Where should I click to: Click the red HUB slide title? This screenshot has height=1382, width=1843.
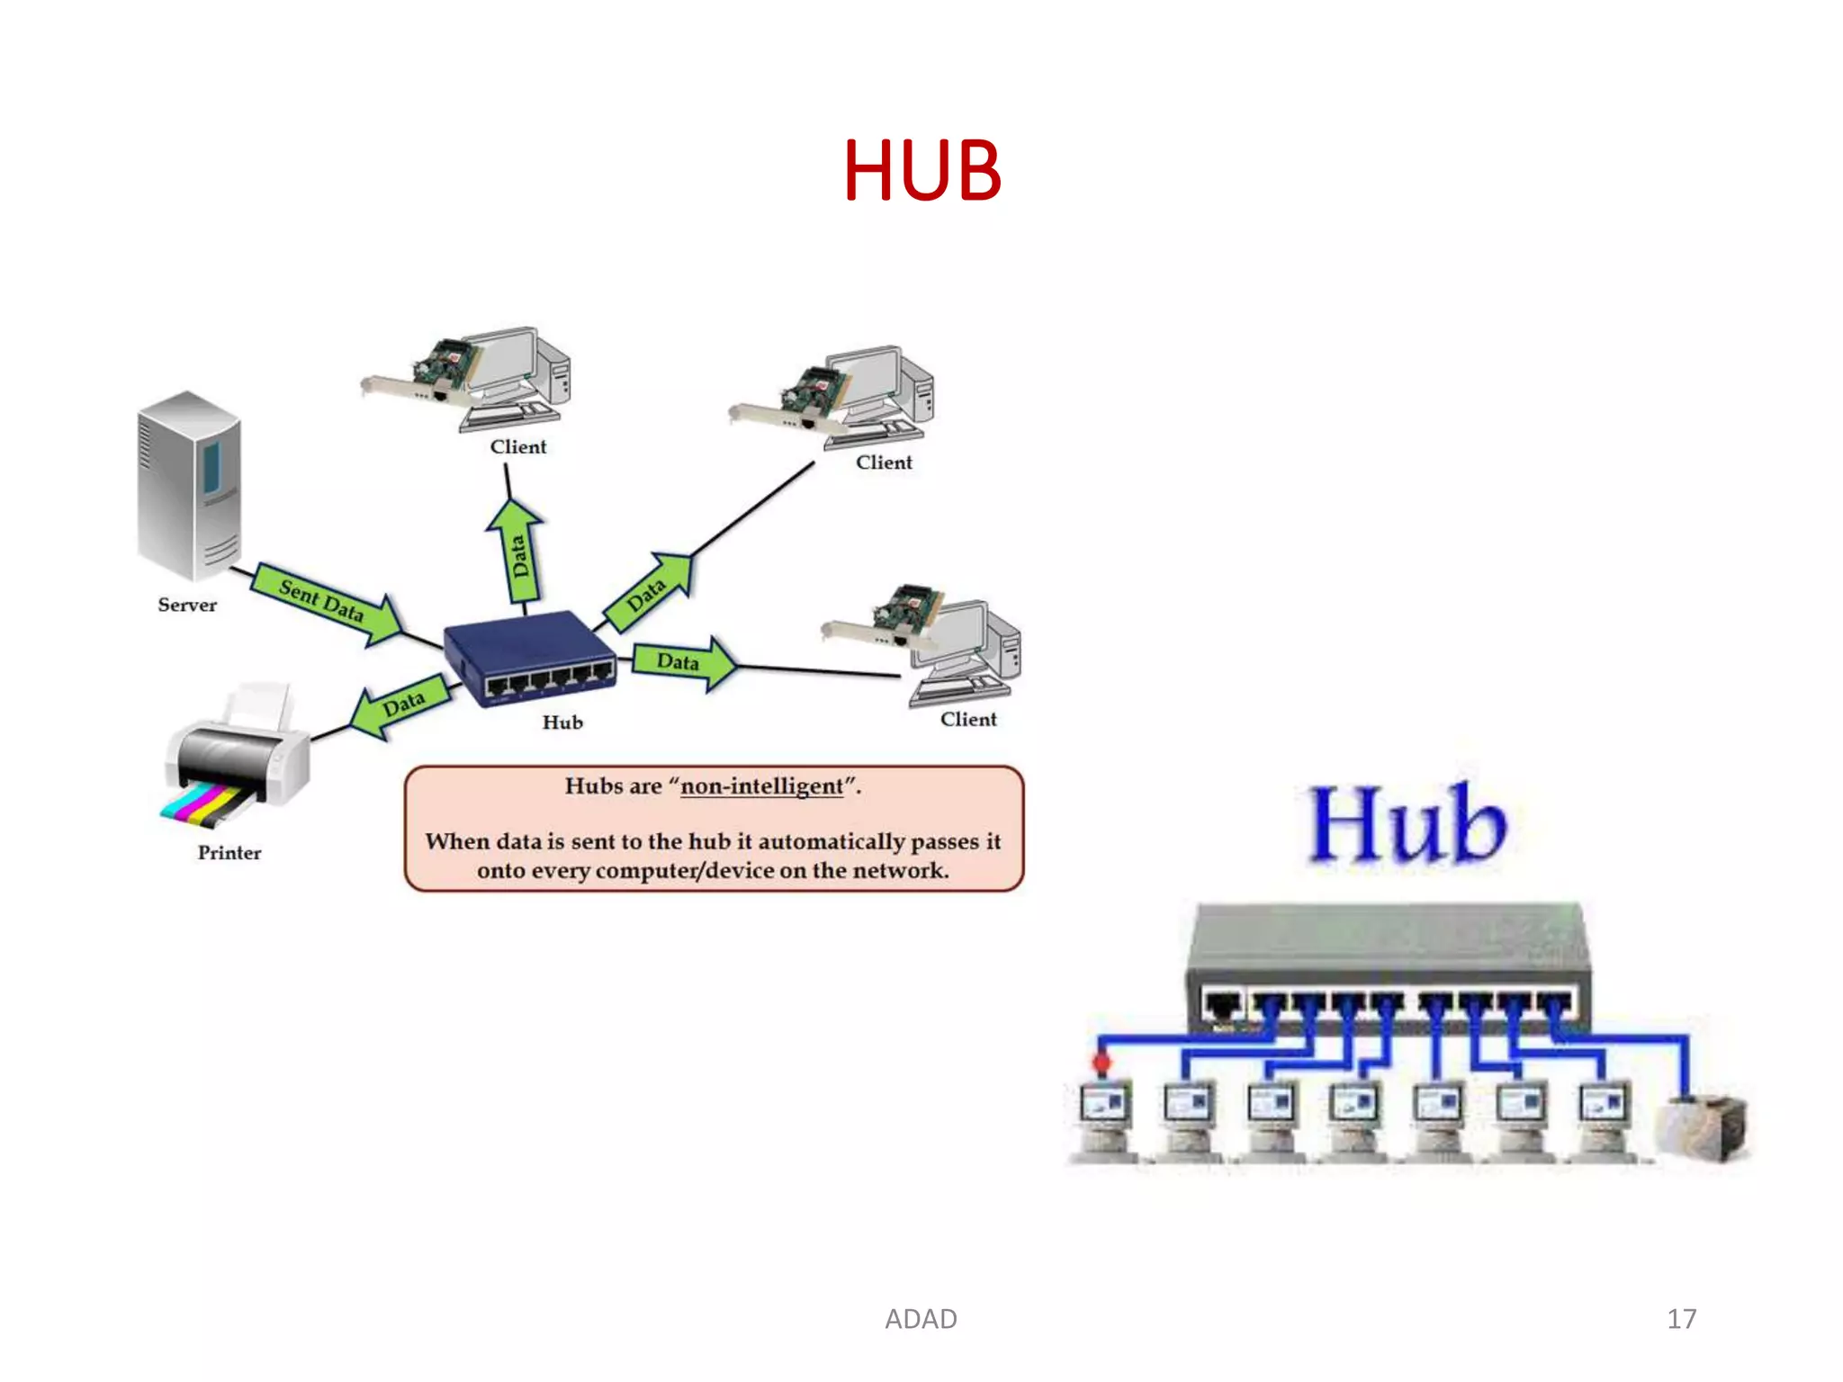[x=921, y=170]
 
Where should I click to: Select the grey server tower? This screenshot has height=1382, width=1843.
[x=189, y=486]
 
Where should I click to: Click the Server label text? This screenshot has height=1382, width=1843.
[x=187, y=606]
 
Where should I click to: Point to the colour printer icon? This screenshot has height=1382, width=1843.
[x=236, y=760]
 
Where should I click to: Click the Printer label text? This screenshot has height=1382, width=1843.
[x=229, y=853]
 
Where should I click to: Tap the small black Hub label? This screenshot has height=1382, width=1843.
[x=562, y=722]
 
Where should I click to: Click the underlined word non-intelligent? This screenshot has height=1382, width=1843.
[x=762, y=786]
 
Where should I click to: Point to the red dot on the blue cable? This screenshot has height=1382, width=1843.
[x=1101, y=1063]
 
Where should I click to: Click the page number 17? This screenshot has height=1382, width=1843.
[x=1681, y=1319]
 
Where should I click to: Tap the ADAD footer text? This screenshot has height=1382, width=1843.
[x=921, y=1319]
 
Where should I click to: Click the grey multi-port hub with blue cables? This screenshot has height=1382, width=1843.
[x=1389, y=967]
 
